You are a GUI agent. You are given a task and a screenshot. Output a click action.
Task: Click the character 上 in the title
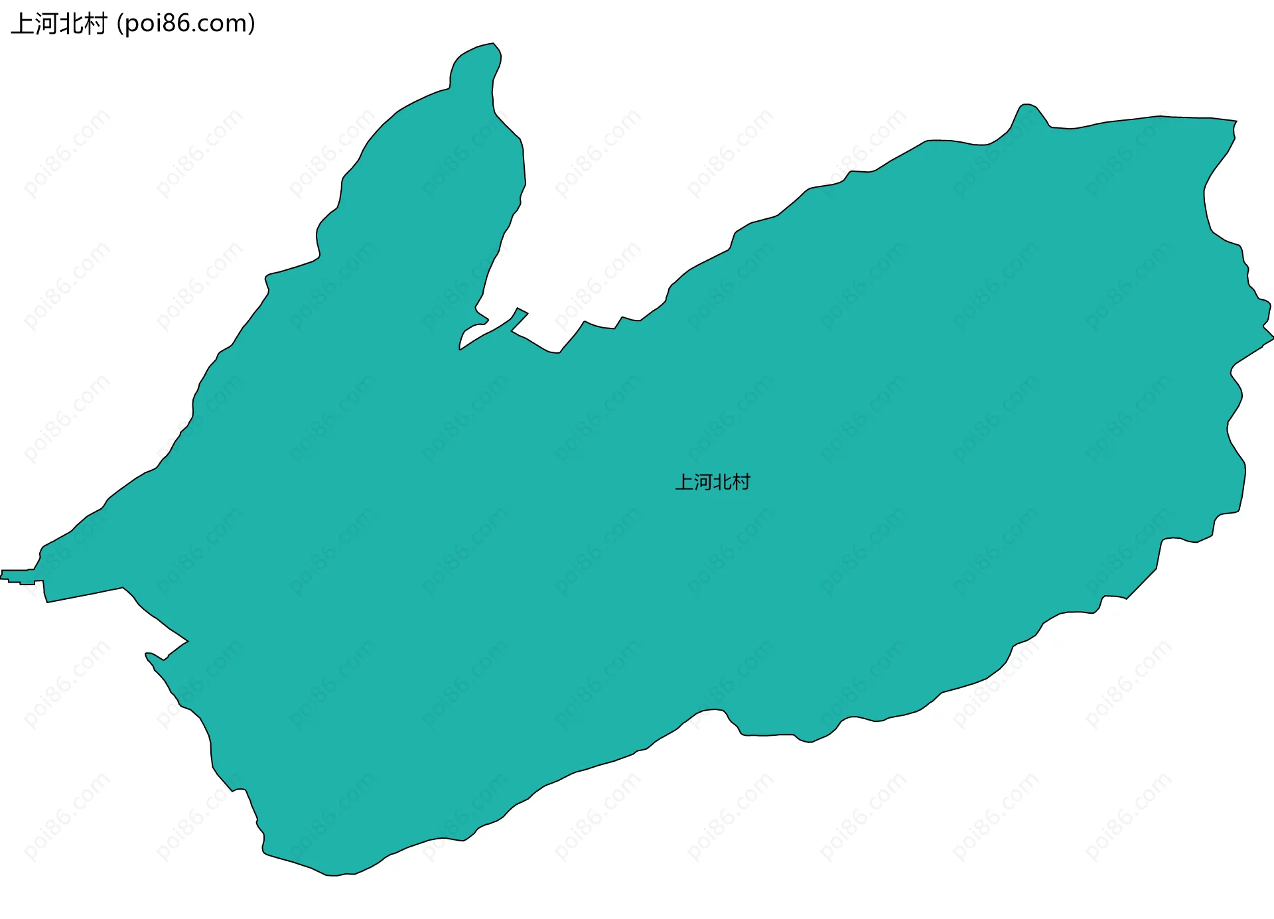click(x=23, y=24)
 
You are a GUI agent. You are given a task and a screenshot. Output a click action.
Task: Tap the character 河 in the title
click(x=47, y=24)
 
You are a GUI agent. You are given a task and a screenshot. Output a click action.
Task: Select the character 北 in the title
click(x=72, y=24)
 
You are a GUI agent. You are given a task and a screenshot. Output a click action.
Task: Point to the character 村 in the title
click(x=96, y=24)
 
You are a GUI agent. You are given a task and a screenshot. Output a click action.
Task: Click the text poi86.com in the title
click(x=185, y=24)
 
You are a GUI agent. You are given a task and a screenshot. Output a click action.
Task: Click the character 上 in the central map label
click(x=684, y=482)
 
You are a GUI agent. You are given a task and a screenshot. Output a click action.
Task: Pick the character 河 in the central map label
click(x=703, y=482)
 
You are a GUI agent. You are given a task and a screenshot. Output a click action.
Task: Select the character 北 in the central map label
click(x=722, y=482)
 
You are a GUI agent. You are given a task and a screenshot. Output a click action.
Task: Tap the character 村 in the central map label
click(x=741, y=482)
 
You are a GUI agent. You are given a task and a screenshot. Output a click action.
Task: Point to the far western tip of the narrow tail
click(x=2, y=575)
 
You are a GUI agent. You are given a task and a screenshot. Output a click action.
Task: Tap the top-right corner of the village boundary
click(x=1236, y=121)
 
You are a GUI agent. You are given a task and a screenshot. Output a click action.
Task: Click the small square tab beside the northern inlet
click(x=522, y=311)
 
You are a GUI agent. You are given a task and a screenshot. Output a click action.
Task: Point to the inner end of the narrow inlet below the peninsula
click(x=460, y=348)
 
